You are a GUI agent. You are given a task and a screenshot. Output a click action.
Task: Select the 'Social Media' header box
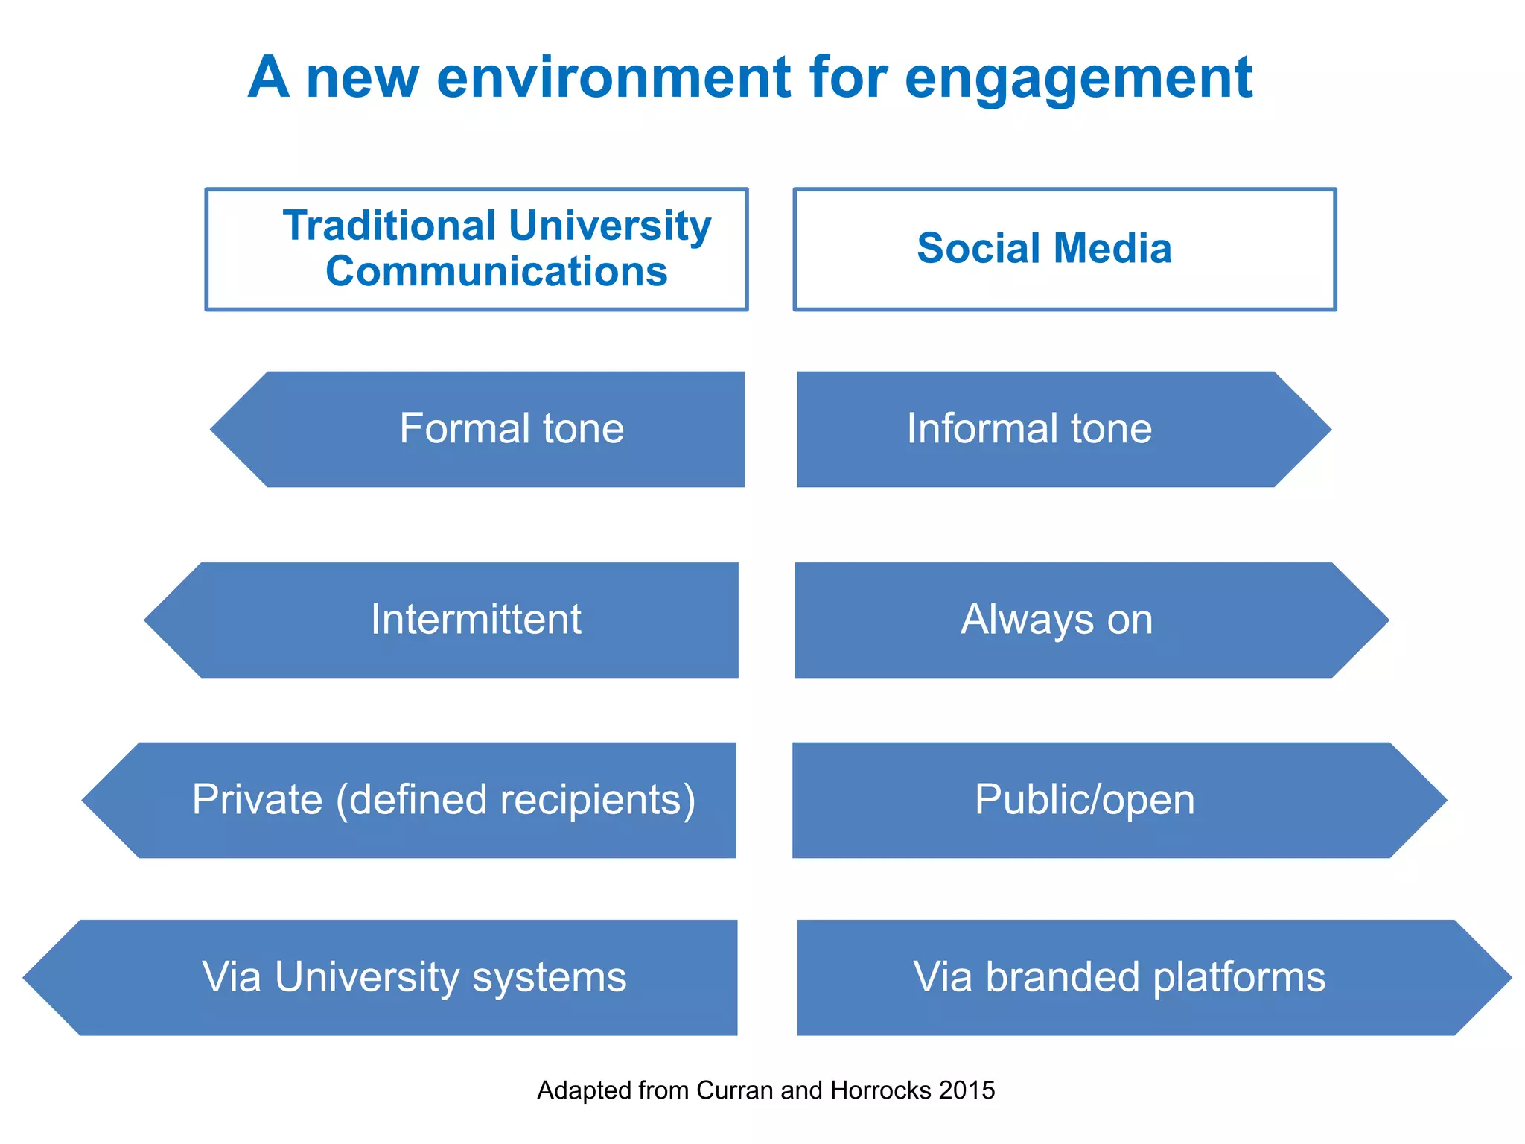(x=1064, y=249)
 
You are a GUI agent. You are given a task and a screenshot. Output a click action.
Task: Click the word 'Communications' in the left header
(x=497, y=271)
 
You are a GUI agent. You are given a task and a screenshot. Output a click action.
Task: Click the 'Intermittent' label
(x=476, y=620)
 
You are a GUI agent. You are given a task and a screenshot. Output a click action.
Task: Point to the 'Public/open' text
(x=1084, y=800)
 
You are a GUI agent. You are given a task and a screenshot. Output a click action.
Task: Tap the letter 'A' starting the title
(x=268, y=77)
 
